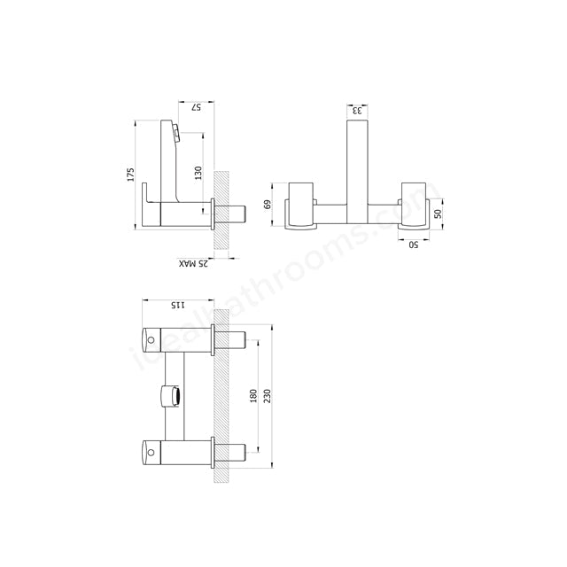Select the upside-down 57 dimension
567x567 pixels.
click(198, 108)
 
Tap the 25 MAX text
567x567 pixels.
click(192, 263)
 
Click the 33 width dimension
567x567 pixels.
click(357, 111)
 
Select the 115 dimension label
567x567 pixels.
click(176, 306)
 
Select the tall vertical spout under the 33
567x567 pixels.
click(357, 168)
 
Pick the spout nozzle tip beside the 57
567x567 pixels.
click(176, 134)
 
